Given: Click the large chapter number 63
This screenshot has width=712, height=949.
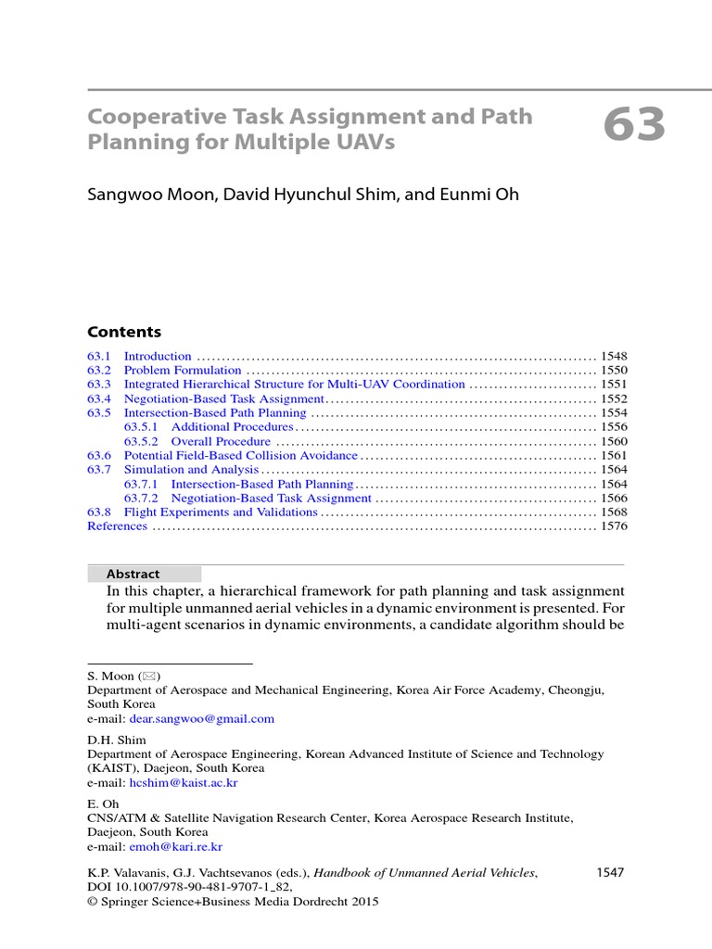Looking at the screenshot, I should tap(634, 125).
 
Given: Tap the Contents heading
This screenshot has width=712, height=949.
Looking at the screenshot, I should tap(124, 332).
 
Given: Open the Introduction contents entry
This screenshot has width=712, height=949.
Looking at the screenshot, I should tap(158, 356).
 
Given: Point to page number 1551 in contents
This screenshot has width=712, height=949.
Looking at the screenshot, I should tap(614, 385).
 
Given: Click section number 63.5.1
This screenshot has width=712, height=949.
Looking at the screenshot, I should tap(142, 427).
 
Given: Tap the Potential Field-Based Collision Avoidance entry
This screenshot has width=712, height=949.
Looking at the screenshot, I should tap(240, 456).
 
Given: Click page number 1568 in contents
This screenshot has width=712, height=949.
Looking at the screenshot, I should tap(614, 512).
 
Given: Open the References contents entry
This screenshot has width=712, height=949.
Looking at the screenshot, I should tap(117, 526).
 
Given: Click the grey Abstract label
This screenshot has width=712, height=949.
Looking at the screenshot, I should tap(133, 575).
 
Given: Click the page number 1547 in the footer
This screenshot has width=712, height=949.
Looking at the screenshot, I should tap(607, 872).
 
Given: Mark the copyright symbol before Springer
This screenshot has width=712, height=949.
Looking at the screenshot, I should tap(92, 902).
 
